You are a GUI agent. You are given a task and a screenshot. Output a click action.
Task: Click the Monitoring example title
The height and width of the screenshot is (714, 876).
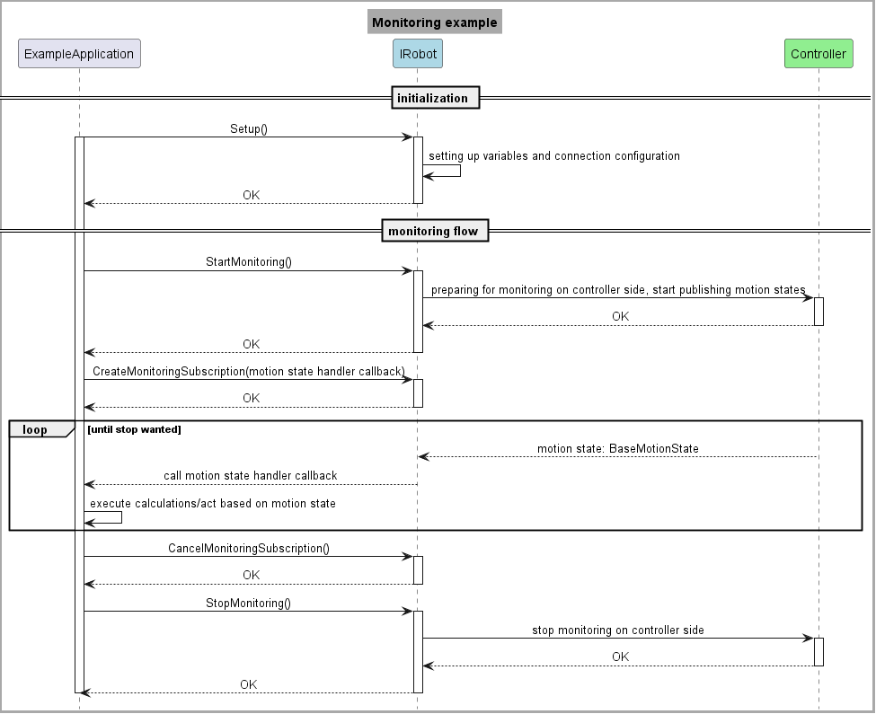tap(434, 22)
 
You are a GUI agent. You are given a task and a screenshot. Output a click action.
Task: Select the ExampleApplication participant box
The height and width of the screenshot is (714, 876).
tap(79, 54)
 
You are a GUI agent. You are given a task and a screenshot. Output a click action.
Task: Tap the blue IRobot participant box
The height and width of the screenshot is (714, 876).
tap(418, 54)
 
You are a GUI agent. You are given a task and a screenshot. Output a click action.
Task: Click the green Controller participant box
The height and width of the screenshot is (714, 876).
tap(818, 54)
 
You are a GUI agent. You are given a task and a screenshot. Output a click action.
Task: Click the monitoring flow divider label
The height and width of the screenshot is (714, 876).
tap(433, 232)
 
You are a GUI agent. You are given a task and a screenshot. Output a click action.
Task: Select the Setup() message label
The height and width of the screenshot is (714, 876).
tap(248, 129)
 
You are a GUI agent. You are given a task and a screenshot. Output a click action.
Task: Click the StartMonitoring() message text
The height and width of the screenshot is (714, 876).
tap(248, 262)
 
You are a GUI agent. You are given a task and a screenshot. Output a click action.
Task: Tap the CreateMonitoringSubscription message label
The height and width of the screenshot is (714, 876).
tap(248, 371)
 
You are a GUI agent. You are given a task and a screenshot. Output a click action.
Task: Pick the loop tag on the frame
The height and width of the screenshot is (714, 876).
tap(36, 430)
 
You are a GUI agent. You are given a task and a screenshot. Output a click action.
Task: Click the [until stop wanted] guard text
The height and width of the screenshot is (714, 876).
tap(134, 430)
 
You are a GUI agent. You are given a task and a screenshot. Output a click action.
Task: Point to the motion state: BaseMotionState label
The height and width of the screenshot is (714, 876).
tap(617, 448)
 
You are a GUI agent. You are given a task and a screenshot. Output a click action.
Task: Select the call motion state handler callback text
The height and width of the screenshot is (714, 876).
tap(250, 476)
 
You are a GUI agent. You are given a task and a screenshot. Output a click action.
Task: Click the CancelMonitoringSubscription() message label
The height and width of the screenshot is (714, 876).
tap(248, 548)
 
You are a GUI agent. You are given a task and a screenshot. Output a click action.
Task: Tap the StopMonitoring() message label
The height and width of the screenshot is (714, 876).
tap(248, 604)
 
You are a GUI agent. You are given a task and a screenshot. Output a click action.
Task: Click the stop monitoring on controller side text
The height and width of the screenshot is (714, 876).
tap(617, 630)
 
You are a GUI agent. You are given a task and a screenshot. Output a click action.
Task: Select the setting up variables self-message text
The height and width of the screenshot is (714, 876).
tap(553, 156)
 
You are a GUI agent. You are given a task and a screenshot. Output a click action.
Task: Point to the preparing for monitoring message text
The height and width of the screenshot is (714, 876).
tap(617, 290)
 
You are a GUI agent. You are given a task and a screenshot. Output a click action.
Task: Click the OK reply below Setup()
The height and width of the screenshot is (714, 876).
tap(251, 195)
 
